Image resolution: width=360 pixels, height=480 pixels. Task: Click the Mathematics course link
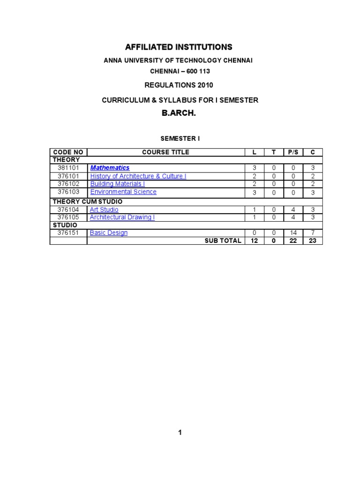pyautogui.click(x=110, y=168)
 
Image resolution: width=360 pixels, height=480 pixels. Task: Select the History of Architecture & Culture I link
pyautogui.click(x=138, y=176)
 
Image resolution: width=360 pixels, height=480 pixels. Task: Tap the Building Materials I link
pyautogui.click(x=117, y=184)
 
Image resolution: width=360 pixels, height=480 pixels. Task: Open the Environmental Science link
pyautogui.click(x=123, y=192)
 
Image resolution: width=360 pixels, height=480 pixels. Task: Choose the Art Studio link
pyautogui.click(x=104, y=210)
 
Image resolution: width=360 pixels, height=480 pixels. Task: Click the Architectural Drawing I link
pyautogui.click(x=122, y=217)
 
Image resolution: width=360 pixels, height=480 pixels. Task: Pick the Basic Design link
pyautogui.click(x=109, y=233)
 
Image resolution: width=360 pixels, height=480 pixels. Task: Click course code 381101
pyautogui.click(x=68, y=168)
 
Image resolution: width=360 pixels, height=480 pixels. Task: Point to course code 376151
pyautogui.click(x=68, y=233)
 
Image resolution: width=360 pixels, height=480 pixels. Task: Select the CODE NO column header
pyautogui.click(x=68, y=152)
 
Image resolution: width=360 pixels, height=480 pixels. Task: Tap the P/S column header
pyautogui.click(x=294, y=152)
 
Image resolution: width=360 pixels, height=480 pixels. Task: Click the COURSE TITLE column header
pyautogui.click(x=165, y=152)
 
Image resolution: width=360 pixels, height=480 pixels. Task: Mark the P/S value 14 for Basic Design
pyautogui.click(x=293, y=233)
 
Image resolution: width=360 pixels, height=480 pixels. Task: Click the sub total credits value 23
pyautogui.click(x=313, y=241)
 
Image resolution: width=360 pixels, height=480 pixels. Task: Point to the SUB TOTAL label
pyautogui.click(x=223, y=241)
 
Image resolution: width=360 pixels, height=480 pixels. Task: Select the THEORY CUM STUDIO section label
pyautogui.click(x=88, y=202)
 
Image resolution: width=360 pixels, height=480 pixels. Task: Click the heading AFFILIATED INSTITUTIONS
pyautogui.click(x=179, y=47)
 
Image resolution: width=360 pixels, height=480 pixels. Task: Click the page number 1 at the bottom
pyautogui.click(x=180, y=433)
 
